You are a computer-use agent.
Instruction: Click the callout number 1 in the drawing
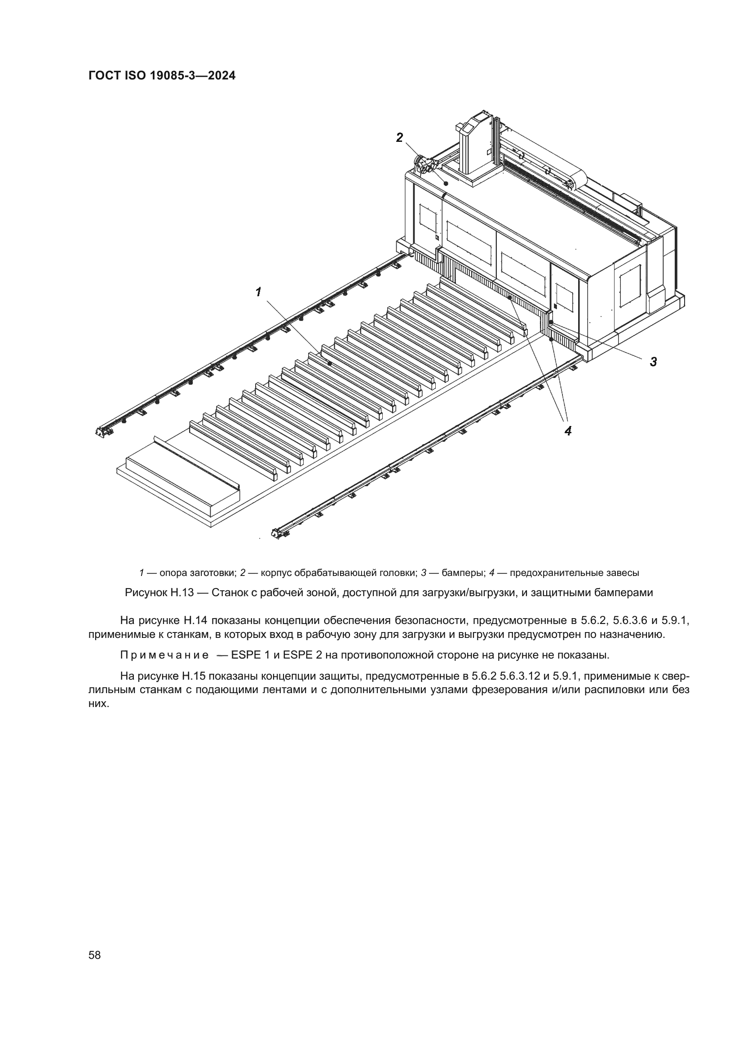coord(258,291)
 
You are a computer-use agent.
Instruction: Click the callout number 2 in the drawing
coord(400,137)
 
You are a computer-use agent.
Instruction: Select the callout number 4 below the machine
coord(568,431)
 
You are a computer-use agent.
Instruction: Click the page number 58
coord(95,955)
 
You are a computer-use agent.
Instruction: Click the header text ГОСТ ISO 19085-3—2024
coord(162,76)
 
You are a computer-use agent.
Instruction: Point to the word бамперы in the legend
coord(455,572)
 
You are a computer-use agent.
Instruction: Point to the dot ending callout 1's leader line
coord(329,363)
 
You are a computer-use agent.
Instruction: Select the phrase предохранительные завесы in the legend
coord(574,572)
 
